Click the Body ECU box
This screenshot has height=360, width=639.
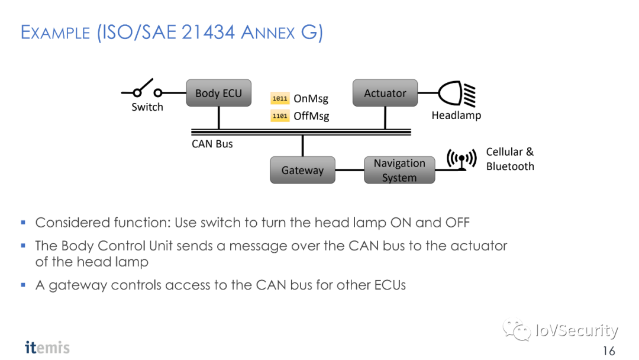click(218, 93)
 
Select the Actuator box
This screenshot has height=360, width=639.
click(385, 93)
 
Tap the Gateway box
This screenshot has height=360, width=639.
click(302, 170)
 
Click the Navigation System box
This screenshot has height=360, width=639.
click(399, 170)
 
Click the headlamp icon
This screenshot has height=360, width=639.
click(457, 93)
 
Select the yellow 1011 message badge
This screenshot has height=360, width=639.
click(280, 98)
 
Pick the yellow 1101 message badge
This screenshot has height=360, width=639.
click(280, 116)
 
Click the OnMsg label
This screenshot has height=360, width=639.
click(311, 99)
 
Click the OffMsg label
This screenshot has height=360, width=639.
click(311, 116)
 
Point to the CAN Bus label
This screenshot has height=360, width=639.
click(212, 144)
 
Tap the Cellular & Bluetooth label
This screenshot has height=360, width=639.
click(509, 159)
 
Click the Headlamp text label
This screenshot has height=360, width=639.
click(456, 115)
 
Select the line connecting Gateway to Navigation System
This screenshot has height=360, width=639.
click(349, 170)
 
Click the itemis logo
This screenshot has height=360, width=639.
click(47, 347)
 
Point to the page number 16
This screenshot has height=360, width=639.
click(609, 350)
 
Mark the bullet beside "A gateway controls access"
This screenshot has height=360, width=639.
click(23, 285)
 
